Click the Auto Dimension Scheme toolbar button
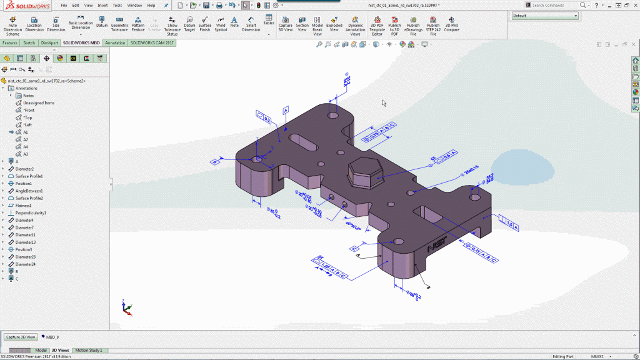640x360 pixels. coord(12,25)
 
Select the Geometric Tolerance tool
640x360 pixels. coord(119,25)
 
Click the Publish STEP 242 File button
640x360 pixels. coord(433,25)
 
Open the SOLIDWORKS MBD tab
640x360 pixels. coord(81,43)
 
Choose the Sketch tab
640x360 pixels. coord(29,43)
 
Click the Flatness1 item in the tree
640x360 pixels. coord(23,206)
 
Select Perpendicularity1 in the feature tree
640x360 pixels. coord(31,213)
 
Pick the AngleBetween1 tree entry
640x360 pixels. coord(29,191)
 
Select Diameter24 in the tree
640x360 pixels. coord(25,264)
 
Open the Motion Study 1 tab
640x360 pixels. coord(88,351)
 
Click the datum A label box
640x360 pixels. coord(286,110)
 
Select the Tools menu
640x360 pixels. coord(117,5)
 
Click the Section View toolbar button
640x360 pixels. coord(302,25)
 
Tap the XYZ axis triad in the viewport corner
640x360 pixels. coord(127,307)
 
